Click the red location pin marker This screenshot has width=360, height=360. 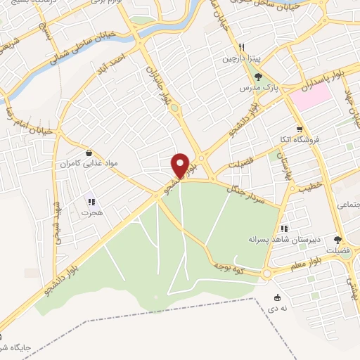181,165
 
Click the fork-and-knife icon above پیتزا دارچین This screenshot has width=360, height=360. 241,48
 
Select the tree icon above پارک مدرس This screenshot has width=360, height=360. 258,76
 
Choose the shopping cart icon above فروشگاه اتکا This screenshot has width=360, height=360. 300,129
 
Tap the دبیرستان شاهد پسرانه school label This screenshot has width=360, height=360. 283,239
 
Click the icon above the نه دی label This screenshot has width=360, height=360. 277,297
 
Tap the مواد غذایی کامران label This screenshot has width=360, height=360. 89,163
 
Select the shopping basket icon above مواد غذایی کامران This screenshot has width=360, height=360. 89,152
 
